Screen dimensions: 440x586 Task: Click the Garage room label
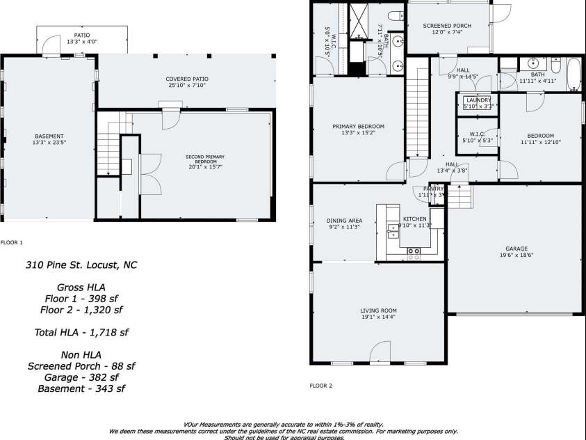click(x=516, y=249)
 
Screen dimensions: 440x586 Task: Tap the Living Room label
click(x=378, y=311)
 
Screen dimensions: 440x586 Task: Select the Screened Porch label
click(x=447, y=26)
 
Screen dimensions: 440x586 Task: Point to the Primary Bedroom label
click(x=358, y=126)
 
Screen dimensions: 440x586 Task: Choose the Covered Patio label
click(x=188, y=79)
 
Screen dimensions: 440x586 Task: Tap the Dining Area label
click(x=345, y=220)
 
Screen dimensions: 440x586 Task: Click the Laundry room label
click(x=479, y=100)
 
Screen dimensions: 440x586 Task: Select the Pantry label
click(x=433, y=189)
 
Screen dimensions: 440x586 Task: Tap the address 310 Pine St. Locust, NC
click(x=81, y=265)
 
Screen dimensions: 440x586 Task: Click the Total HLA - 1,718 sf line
click(x=81, y=333)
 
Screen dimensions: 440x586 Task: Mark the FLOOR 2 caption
click(x=320, y=385)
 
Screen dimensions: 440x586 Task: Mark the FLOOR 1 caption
click(x=12, y=242)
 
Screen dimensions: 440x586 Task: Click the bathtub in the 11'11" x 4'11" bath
click(x=573, y=75)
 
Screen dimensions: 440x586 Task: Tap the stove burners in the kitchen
click(x=414, y=253)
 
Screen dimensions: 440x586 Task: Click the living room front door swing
click(x=381, y=352)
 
